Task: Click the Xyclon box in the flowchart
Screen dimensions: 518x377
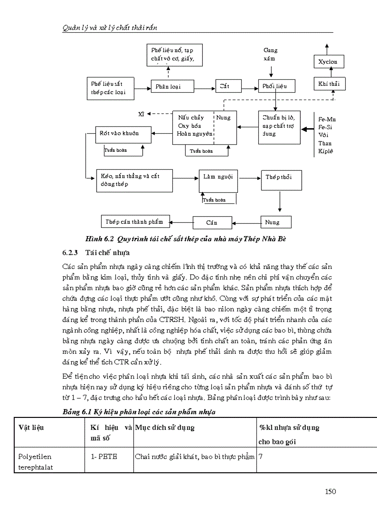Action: click(328, 62)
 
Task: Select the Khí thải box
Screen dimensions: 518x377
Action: click(329, 83)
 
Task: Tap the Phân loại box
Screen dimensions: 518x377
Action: click(168, 86)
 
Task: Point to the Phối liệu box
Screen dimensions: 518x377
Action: click(275, 86)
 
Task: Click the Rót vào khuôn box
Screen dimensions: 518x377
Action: click(123, 134)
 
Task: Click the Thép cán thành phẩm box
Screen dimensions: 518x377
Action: click(134, 222)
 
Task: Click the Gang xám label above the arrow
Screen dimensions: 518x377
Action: click(270, 55)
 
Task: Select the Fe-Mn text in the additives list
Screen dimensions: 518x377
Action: click(327, 119)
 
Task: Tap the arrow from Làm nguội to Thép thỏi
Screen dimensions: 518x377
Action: click(249, 177)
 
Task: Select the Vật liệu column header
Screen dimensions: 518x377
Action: click(31, 428)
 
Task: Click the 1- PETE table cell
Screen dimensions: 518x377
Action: click(104, 457)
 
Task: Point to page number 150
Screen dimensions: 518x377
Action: click(330, 492)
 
